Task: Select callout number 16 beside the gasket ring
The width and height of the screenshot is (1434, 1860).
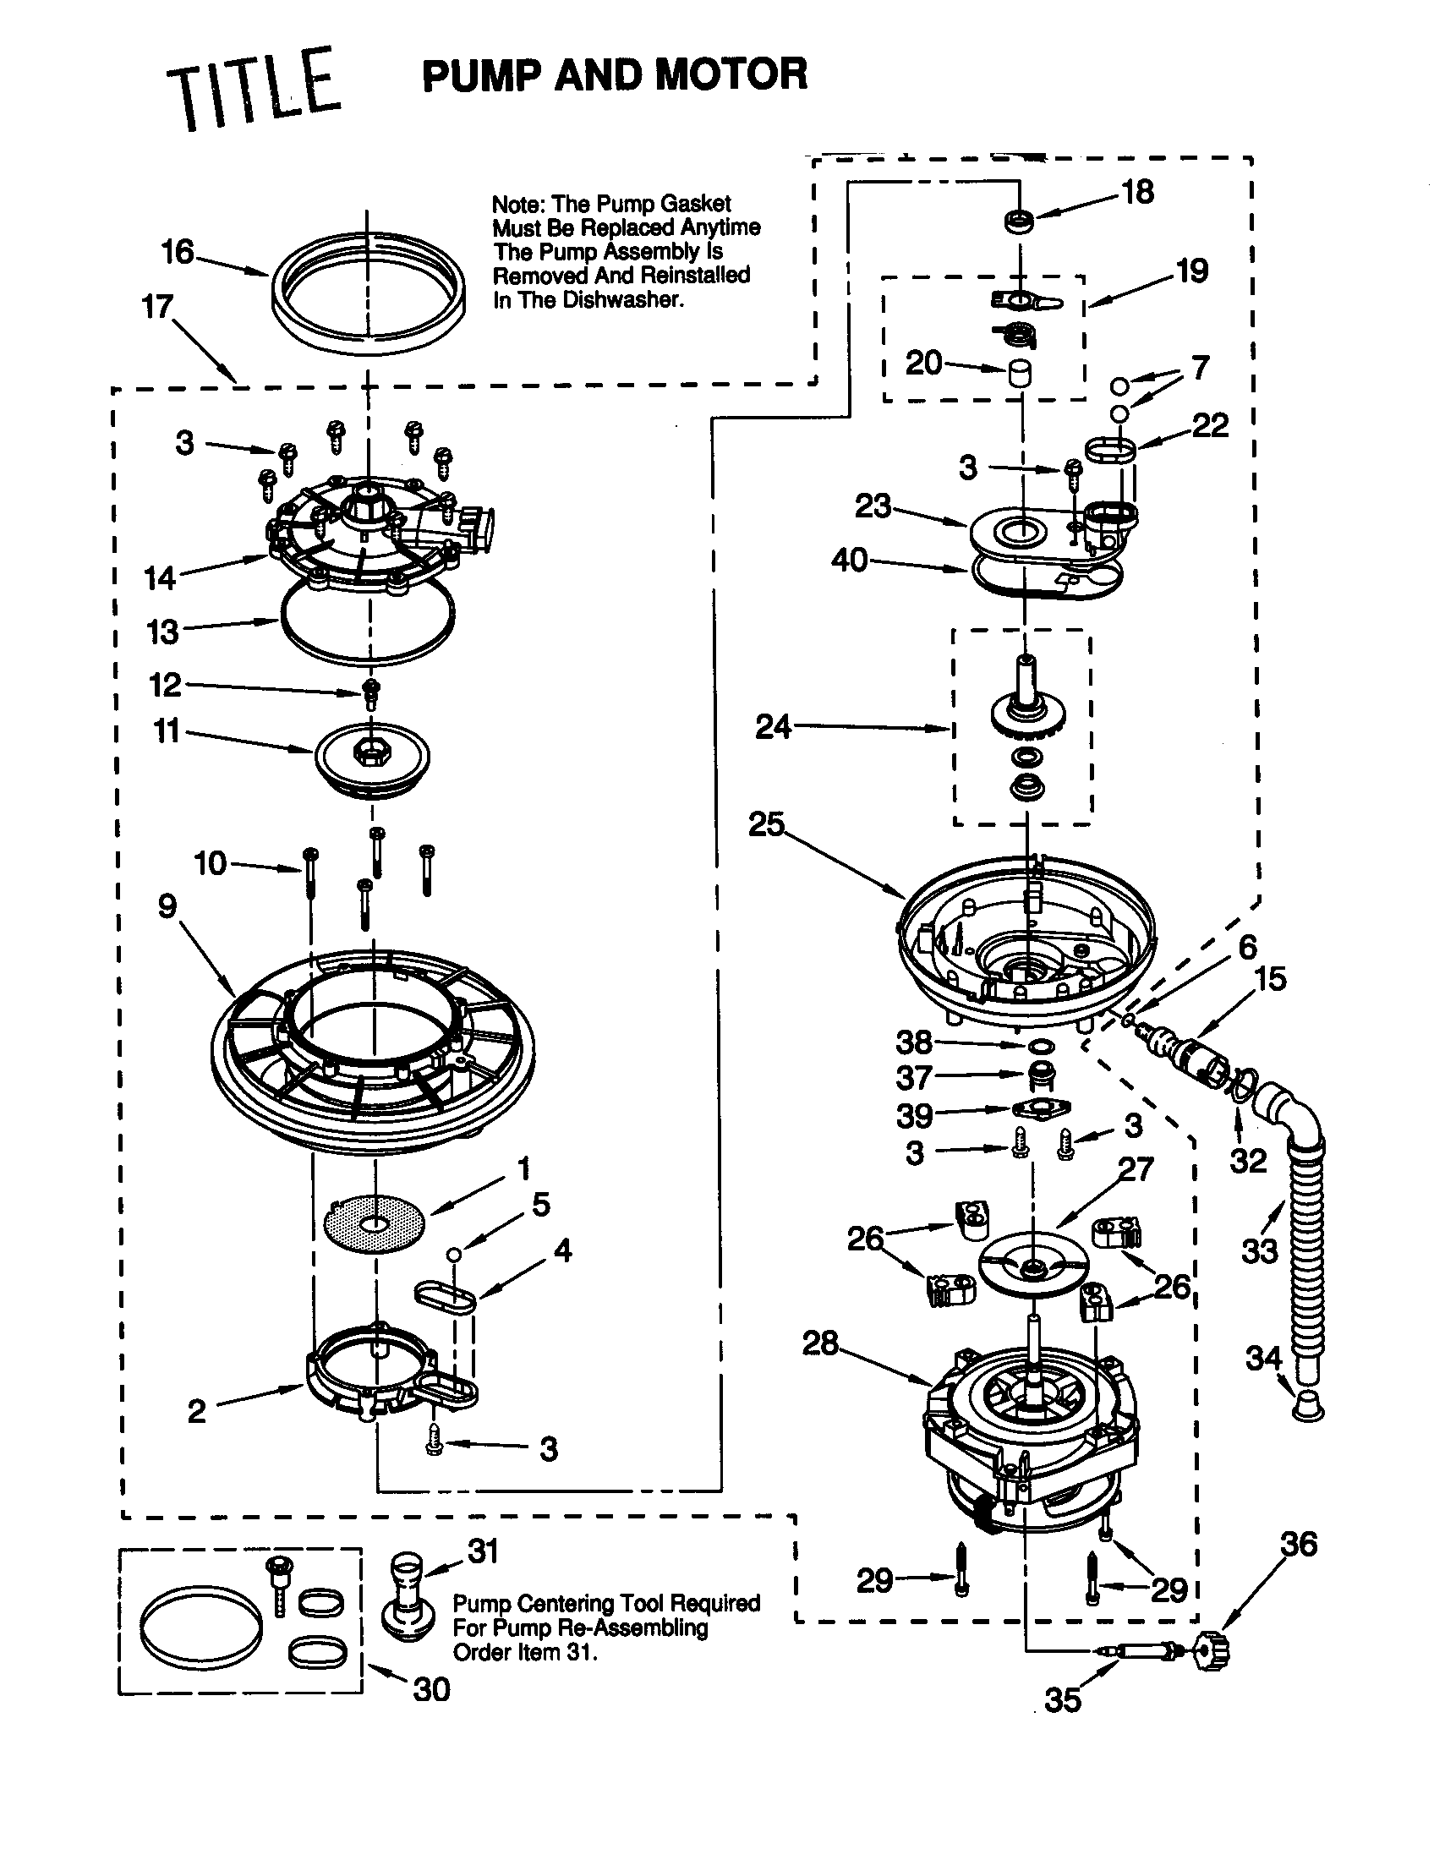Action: (178, 252)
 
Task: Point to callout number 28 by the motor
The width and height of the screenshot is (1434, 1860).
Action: (820, 1343)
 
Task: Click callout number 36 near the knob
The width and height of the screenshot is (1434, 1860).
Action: (1299, 1543)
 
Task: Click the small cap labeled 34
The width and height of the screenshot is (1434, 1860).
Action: (1307, 1405)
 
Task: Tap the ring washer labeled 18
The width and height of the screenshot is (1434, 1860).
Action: (1020, 222)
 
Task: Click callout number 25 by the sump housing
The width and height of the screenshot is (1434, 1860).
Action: (766, 823)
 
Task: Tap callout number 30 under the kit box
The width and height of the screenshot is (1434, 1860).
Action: (431, 1689)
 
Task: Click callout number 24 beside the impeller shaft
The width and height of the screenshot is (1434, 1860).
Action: (773, 726)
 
